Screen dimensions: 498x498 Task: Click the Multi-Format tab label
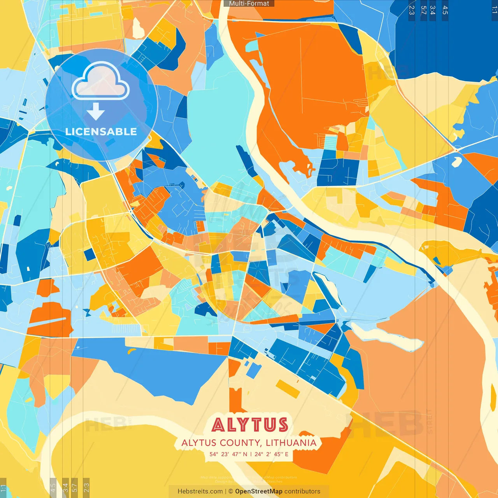point(249,4)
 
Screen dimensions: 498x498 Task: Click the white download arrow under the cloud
point(96,112)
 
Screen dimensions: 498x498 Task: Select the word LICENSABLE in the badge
point(101,132)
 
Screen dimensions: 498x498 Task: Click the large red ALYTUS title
point(250,425)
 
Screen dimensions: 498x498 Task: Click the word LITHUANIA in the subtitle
point(291,443)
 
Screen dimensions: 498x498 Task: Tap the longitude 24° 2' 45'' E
point(272,454)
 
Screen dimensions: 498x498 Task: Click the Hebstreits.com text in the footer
point(200,491)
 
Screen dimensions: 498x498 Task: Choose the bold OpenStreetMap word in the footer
point(259,491)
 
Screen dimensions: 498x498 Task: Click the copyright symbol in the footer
point(231,491)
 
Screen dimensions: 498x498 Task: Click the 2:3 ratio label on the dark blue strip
point(412,10)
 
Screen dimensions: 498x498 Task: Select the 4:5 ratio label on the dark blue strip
point(445,10)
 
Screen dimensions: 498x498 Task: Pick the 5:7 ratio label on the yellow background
point(75,487)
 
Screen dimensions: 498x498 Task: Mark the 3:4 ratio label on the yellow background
point(65,487)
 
